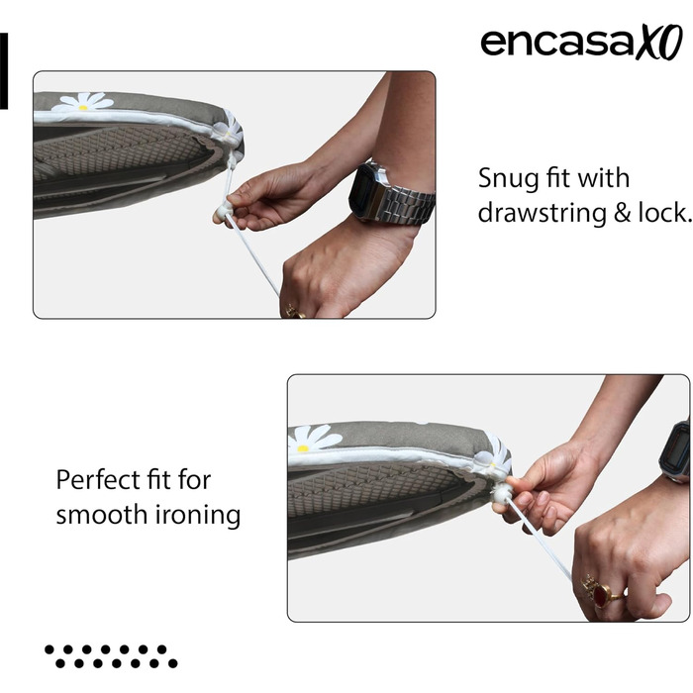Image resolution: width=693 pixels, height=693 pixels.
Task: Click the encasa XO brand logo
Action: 582,42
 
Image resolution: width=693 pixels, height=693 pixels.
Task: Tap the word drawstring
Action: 542,213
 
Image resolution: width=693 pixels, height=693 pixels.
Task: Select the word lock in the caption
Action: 664,213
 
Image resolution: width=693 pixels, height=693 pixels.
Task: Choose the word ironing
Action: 198,516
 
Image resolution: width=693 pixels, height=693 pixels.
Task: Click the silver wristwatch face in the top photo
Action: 365,189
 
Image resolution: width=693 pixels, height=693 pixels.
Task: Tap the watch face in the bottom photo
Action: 675,450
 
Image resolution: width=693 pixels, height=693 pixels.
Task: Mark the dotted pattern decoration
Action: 111,655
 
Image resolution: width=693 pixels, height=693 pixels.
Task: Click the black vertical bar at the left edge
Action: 4,70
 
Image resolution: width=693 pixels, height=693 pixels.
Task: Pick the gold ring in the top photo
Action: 294,312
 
